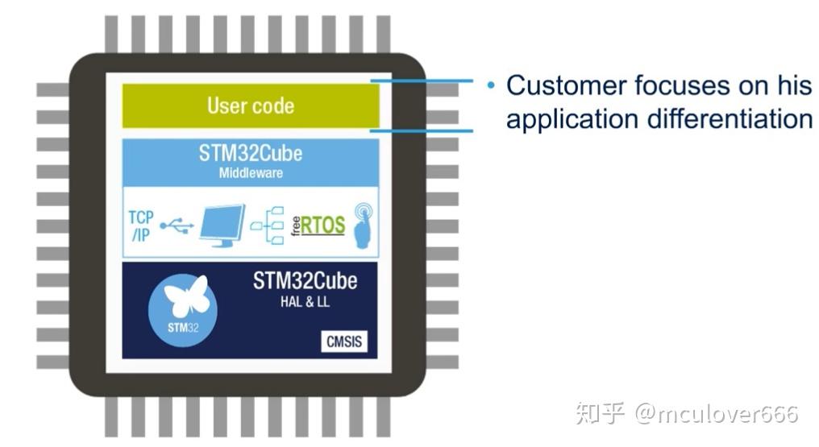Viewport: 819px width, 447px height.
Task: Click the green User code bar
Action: pyautogui.click(x=250, y=106)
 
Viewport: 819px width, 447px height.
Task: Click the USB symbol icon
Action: pyautogui.click(x=177, y=226)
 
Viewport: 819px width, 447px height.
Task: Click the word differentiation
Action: pyautogui.click(x=731, y=119)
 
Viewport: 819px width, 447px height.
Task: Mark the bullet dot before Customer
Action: pyautogui.click(x=490, y=85)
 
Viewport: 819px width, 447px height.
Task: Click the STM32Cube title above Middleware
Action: pyautogui.click(x=251, y=154)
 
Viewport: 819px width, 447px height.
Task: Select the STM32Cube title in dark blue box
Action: pyautogui.click(x=305, y=281)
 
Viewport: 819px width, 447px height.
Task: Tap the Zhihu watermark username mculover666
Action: pyautogui.click(x=717, y=414)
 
